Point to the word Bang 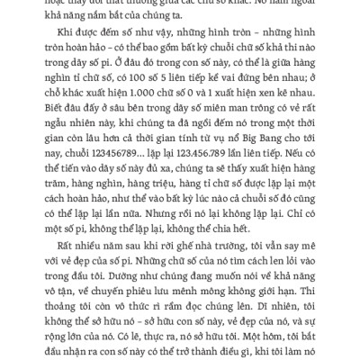click(286, 139)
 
